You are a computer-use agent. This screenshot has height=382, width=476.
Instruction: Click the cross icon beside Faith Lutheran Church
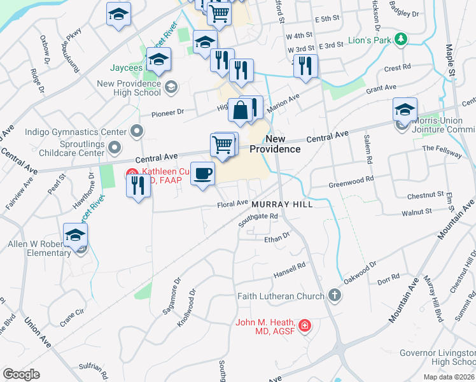(334, 295)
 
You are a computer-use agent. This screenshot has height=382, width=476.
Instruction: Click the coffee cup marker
(202, 174)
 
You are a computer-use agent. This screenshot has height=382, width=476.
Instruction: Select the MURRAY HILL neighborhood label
(282, 204)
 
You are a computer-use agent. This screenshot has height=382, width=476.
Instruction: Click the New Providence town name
(274, 144)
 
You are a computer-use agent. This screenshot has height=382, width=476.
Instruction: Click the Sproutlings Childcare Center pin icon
(115, 148)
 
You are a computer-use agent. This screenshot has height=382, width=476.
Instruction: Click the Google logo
(22, 374)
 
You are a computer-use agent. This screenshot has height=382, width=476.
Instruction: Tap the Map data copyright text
(449, 377)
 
